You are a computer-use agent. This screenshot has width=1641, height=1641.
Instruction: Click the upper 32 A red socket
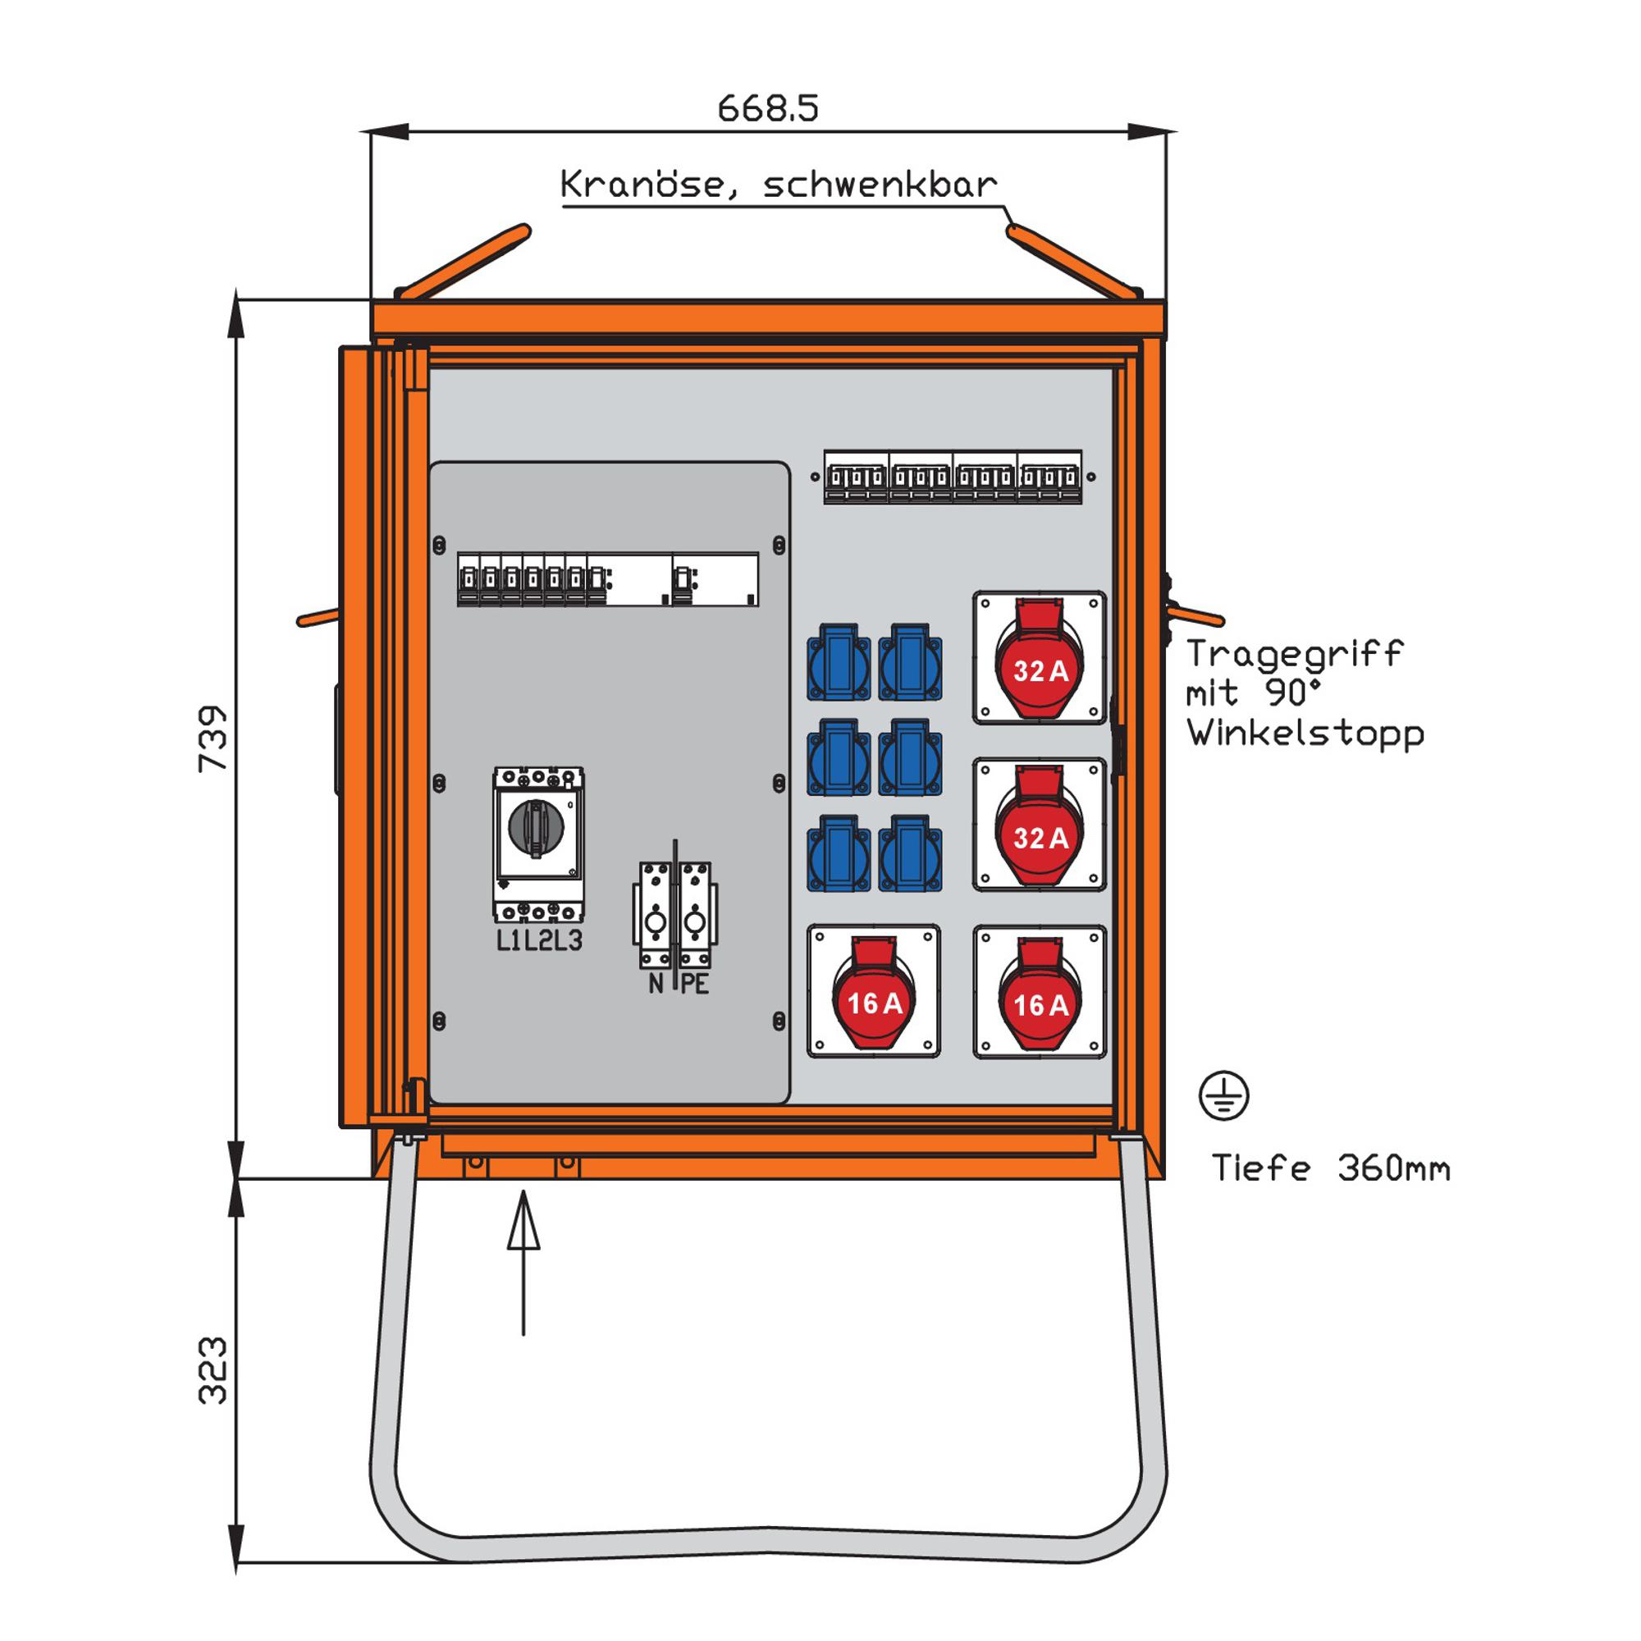[1040, 658]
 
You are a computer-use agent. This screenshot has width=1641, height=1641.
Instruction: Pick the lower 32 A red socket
[1040, 825]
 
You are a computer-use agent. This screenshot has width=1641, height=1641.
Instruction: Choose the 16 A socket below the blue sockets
[873, 991]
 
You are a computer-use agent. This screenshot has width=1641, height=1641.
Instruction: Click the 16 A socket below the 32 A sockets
[1040, 992]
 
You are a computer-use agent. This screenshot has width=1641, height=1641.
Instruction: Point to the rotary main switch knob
[536, 826]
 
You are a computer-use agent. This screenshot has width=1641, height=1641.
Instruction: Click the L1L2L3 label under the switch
[539, 940]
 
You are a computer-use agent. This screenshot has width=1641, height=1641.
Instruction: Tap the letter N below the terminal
[656, 985]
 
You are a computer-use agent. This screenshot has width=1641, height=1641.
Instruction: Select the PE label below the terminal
[695, 985]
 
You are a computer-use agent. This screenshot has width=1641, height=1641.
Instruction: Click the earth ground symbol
[1223, 1095]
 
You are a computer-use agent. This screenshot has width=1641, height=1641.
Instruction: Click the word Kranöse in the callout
[643, 185]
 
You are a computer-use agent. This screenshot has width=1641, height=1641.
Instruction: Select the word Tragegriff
[1294, 654]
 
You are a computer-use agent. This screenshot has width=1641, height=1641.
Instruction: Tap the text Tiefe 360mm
[1330, 1168]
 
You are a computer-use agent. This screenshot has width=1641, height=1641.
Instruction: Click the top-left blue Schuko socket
[839, 662]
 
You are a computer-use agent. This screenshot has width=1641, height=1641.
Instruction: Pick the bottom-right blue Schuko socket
[910, 853]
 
